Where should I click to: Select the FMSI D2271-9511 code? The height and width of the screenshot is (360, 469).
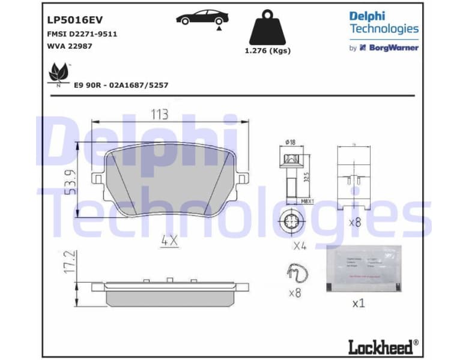point(81,34)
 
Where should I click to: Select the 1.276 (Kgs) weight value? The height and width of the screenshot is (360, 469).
point(267,51)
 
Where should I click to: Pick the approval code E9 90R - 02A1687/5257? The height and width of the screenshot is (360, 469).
point(121,85)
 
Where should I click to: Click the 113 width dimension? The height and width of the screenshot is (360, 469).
point(159,114)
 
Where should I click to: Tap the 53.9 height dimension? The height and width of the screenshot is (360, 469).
point(70,184)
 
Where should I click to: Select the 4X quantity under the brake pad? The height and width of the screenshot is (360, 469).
point(169,241)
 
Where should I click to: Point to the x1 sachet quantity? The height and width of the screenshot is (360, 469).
point(358,303)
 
